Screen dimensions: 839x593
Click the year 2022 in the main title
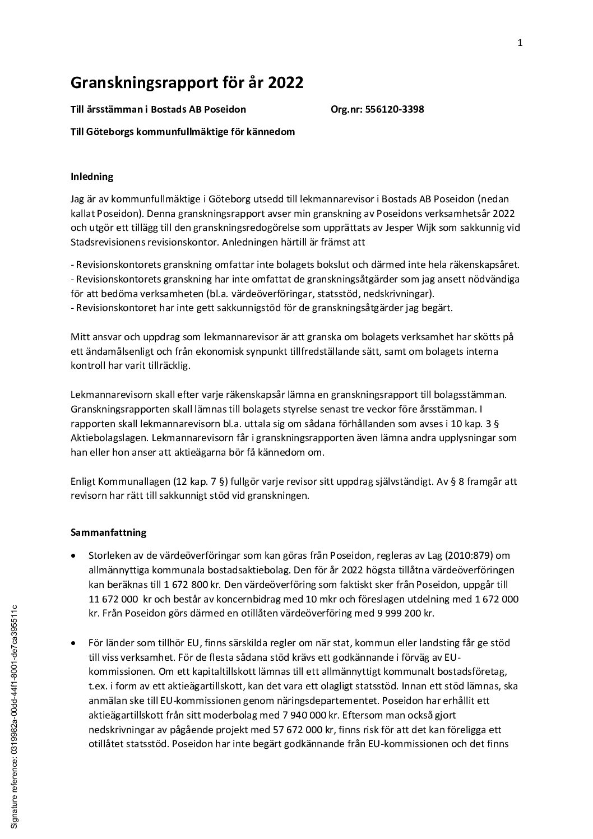point(285,83)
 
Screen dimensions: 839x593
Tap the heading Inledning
point(92,177)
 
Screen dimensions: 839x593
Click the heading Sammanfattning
point(109,532)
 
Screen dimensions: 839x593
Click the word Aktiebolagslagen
point(105,438)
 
